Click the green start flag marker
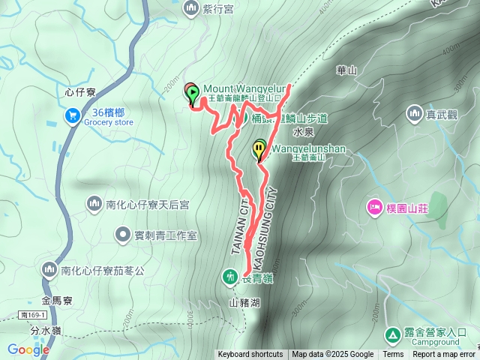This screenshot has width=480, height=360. [x=193, y=94]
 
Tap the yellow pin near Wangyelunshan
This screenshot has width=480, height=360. [x=259, y=147]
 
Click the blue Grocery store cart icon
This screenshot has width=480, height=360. [x=73, y=115]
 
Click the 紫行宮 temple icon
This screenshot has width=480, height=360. [x=188, y=7]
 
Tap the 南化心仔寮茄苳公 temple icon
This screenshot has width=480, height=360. [x=49, y=268]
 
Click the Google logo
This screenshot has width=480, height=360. [x=28, y=349]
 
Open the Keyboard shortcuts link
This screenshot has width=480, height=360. [x=250, y=355]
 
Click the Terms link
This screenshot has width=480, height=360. [x=393, y=355]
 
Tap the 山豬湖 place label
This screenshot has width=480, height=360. [x=244, y=303]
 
